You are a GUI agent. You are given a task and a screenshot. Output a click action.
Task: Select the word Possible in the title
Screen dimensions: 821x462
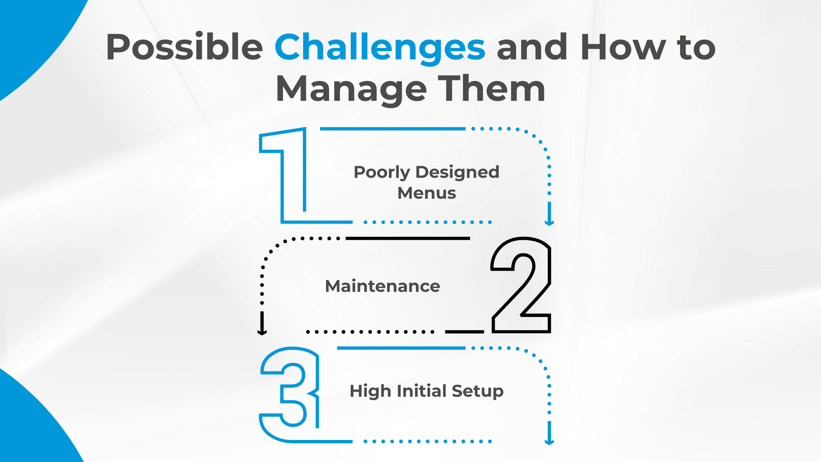(184, 47)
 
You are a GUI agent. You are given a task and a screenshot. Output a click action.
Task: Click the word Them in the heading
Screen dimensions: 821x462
(492, 88)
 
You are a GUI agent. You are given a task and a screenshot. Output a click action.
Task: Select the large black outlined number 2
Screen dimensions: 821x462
(521, 285)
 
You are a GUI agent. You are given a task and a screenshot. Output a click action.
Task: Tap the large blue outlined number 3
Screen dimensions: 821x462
(290, 395)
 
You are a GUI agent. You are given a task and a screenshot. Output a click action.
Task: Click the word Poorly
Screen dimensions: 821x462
(382, 173)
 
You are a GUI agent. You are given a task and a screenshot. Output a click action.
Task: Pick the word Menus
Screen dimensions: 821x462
(427, 193)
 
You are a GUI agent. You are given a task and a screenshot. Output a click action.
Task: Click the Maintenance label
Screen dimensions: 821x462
(383, 286)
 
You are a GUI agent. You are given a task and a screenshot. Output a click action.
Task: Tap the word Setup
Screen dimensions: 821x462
(478, 392)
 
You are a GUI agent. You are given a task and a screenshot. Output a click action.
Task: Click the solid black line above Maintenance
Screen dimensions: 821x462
(408, 238)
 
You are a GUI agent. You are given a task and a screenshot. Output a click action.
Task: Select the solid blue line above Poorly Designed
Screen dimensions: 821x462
(393, 129)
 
